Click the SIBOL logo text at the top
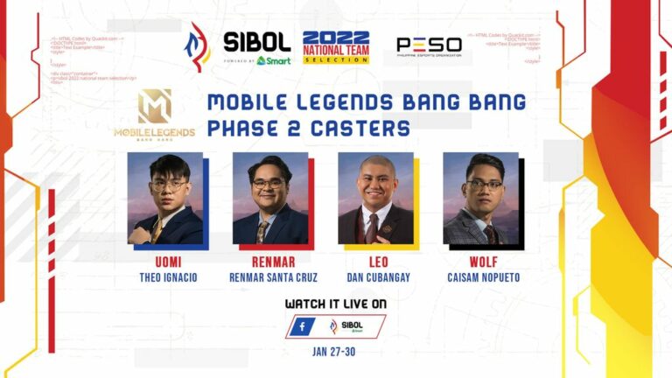pos(256,41)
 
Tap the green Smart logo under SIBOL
pos(274,60)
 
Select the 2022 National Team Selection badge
pos(335,47)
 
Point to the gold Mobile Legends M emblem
pos(154,106)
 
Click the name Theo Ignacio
pos(164,277)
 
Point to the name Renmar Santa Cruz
pos(270,277)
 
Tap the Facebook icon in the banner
pos(302,327)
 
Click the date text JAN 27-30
pos(335,352)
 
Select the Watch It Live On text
pos(335,304)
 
